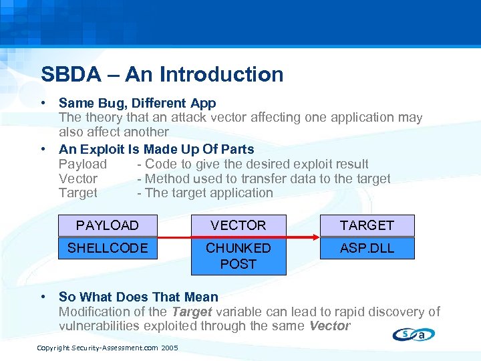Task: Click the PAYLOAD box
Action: click(108, 225)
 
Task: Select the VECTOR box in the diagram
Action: click(238, 225)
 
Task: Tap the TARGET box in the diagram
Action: click(367, 225)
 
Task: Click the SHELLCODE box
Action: click(108, 248)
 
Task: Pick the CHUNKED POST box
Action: click(238, 256)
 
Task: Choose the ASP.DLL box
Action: click(367, 248)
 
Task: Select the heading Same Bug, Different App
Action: click(137, 103)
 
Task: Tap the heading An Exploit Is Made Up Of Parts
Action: click(156, 149)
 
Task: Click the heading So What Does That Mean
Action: click(138, 297)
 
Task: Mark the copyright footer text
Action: click(107, 348)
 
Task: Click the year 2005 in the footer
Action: click(170, 348)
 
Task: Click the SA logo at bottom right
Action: click(414, 334)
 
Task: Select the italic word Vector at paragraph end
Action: click(329, 326)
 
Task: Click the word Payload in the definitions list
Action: click(82, 164)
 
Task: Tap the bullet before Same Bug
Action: click(43, 103)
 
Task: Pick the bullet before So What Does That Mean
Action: click(43, 297)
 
